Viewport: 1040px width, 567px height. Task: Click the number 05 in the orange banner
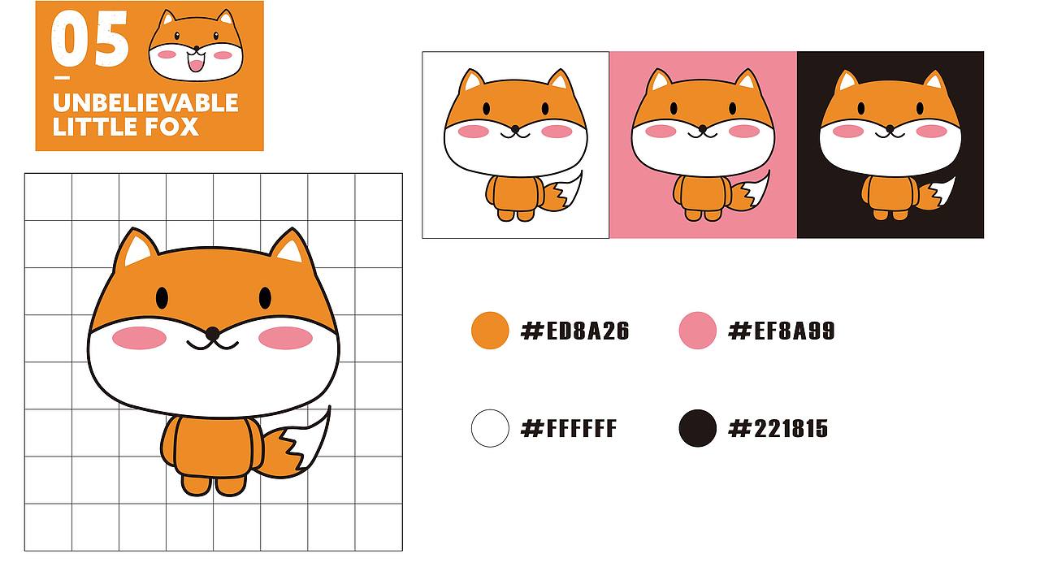(89, 39)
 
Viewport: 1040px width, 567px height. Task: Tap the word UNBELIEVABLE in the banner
(145, 103)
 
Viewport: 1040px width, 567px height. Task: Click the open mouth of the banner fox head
(196, 63)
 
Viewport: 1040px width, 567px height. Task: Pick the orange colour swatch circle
(490, 331)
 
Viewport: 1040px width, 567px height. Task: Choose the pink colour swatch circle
(697, 331)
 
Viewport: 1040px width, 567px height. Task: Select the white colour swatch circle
(490, 428)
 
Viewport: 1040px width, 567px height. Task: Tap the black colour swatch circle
(697, 428)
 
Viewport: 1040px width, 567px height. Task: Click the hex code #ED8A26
(574, 331)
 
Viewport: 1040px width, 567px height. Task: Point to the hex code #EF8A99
(782, 331)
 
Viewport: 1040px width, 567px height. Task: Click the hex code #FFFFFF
(569, 428)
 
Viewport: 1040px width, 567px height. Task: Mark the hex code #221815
(778, 428)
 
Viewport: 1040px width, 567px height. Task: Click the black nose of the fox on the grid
(212, 333)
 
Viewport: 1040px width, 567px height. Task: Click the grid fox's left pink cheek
(139, 338)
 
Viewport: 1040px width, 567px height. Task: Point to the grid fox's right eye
(265, 298)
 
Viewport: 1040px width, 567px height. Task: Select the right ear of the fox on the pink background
(747, 80)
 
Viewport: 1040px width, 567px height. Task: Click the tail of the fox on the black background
(937, 194)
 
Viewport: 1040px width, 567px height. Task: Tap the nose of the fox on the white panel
(515, 128)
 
